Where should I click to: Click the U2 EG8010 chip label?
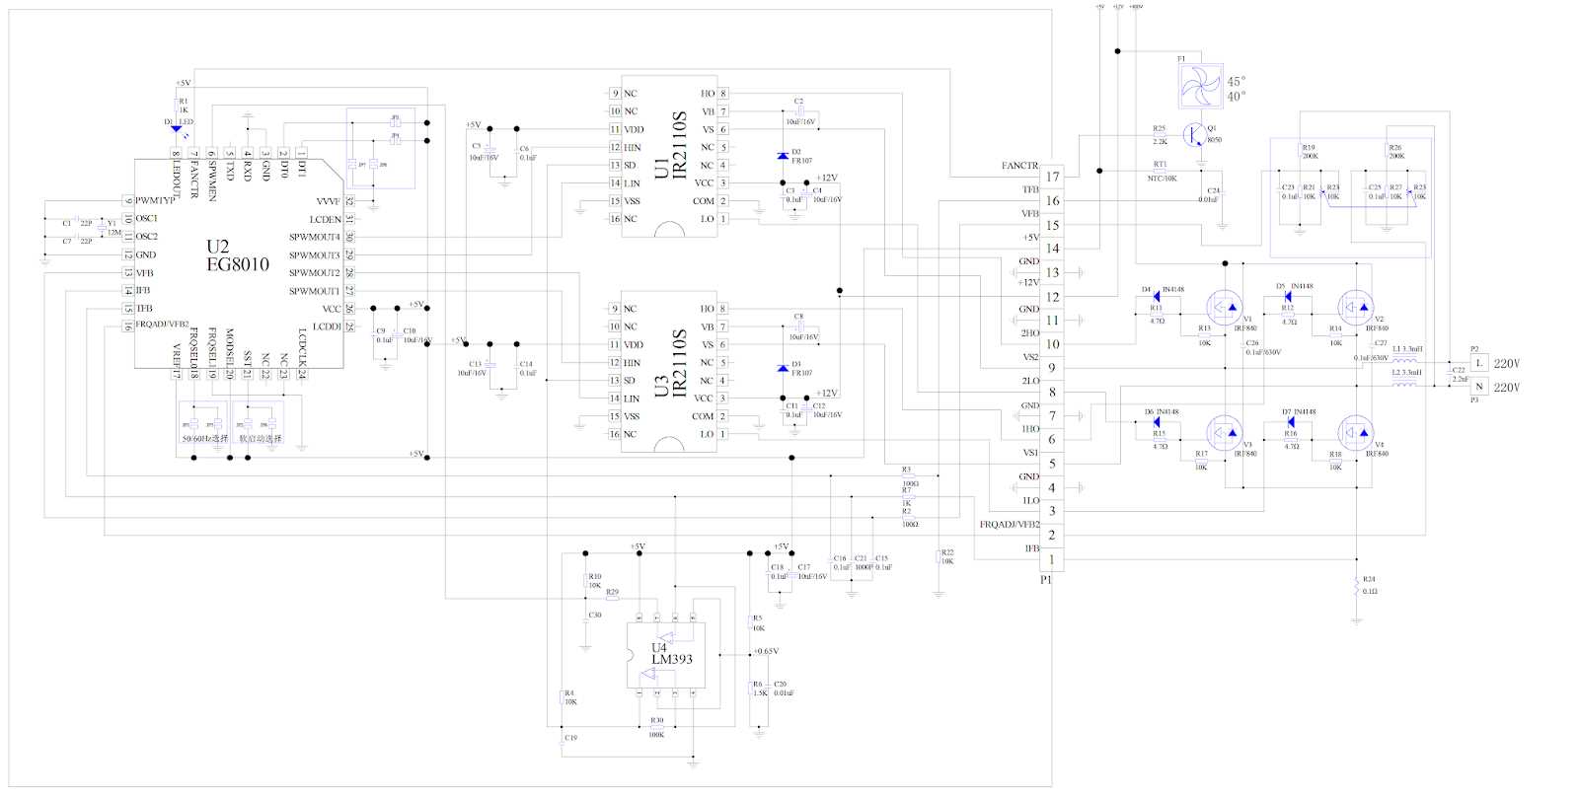[x=237, y=255]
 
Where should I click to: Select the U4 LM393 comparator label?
[x=671, y=653]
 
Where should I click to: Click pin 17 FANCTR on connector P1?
[x=1052, y=177]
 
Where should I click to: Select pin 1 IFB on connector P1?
[x=1052, y=559]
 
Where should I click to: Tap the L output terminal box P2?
[x=1478, y=363]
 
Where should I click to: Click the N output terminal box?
[x=1478, y=387]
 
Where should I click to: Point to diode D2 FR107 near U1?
[x=783, y=156]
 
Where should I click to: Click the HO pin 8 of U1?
[x=722, y=94]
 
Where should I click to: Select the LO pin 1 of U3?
[x=722, y=434]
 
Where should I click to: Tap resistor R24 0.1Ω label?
[x=1369, y=585]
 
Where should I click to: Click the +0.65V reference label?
[x=765, y=651]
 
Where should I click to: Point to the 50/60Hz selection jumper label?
[x=204, y=438]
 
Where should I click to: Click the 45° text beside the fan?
[x=1236, y=82]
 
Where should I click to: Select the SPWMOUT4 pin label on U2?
[x=314, y=237]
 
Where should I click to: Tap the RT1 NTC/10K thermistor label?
[x=1162, y=172]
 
